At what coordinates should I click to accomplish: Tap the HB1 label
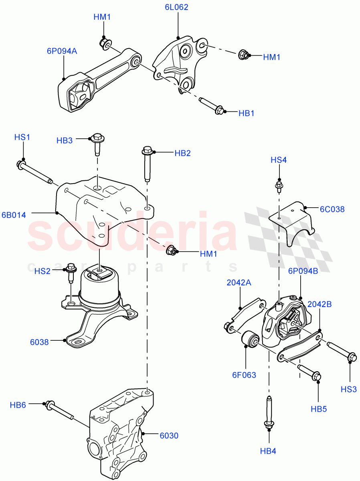coord(247,113)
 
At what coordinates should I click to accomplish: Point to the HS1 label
coord(22,137)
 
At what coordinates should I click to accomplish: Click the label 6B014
coord(13,215)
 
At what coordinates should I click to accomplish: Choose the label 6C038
coord(332,209)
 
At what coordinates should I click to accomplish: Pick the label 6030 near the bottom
coord(169,436)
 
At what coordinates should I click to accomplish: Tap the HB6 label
coord(18,405)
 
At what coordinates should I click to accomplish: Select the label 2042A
coord(239,282)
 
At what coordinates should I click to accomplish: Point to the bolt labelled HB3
coord(97,143)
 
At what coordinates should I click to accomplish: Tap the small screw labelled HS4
coord(279,186)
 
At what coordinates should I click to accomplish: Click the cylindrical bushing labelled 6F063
coord(251,340)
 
